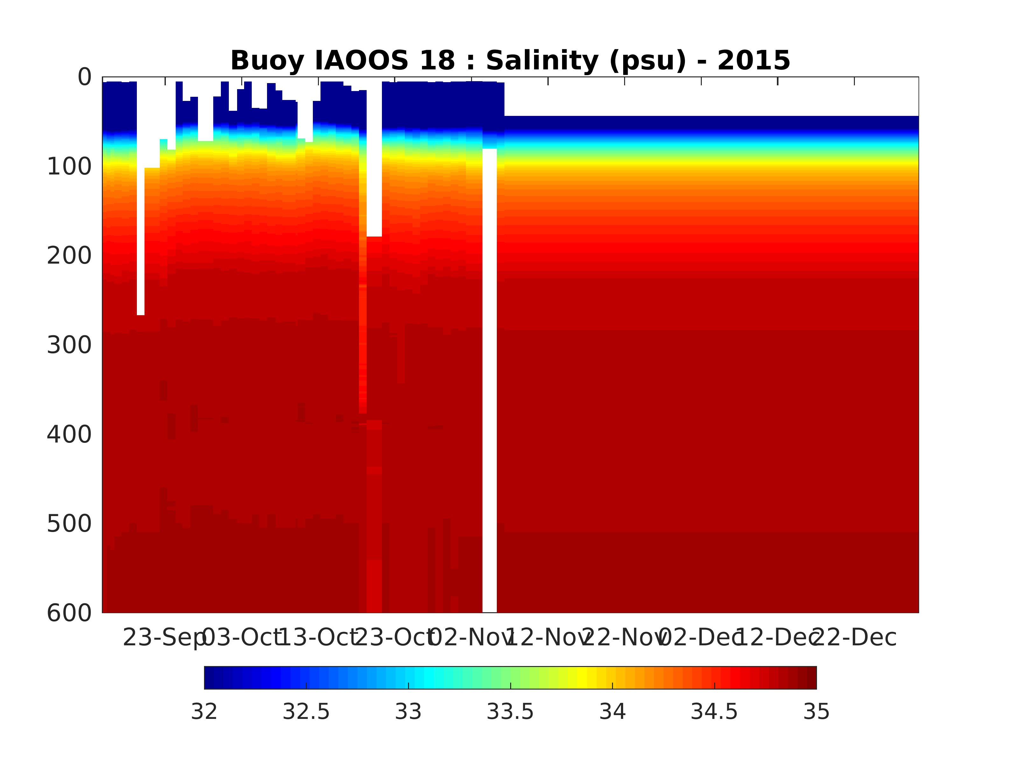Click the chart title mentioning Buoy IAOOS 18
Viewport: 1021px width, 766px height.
(x=510, y=60)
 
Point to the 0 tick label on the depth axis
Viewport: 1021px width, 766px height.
(x=84, y=77)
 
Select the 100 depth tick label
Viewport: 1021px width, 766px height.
(x=69, y=167)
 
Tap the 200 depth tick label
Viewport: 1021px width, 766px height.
(x=69, y=256)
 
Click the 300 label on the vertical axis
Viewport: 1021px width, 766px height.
(x=69, y=345)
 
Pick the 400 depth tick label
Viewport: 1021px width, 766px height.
(x=69, y=435)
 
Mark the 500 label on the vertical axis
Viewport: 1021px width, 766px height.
(x=69, y=524)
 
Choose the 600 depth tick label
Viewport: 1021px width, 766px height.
(x=69, y=613)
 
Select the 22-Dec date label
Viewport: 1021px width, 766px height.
(x=854, y=638)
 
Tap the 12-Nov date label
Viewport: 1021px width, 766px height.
(x=548, y=638)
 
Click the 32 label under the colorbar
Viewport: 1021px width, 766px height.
(x=204, y=712)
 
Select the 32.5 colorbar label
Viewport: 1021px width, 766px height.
(x=306, y=712)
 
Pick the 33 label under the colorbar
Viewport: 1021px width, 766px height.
(x=408, y=712)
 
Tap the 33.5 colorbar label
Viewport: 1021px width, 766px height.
(x=510, y=712)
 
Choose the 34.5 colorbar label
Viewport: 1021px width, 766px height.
(x=714, y=712)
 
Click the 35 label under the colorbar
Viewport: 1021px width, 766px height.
(x=816, y=712)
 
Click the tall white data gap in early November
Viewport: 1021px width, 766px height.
(x=489, y=379)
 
